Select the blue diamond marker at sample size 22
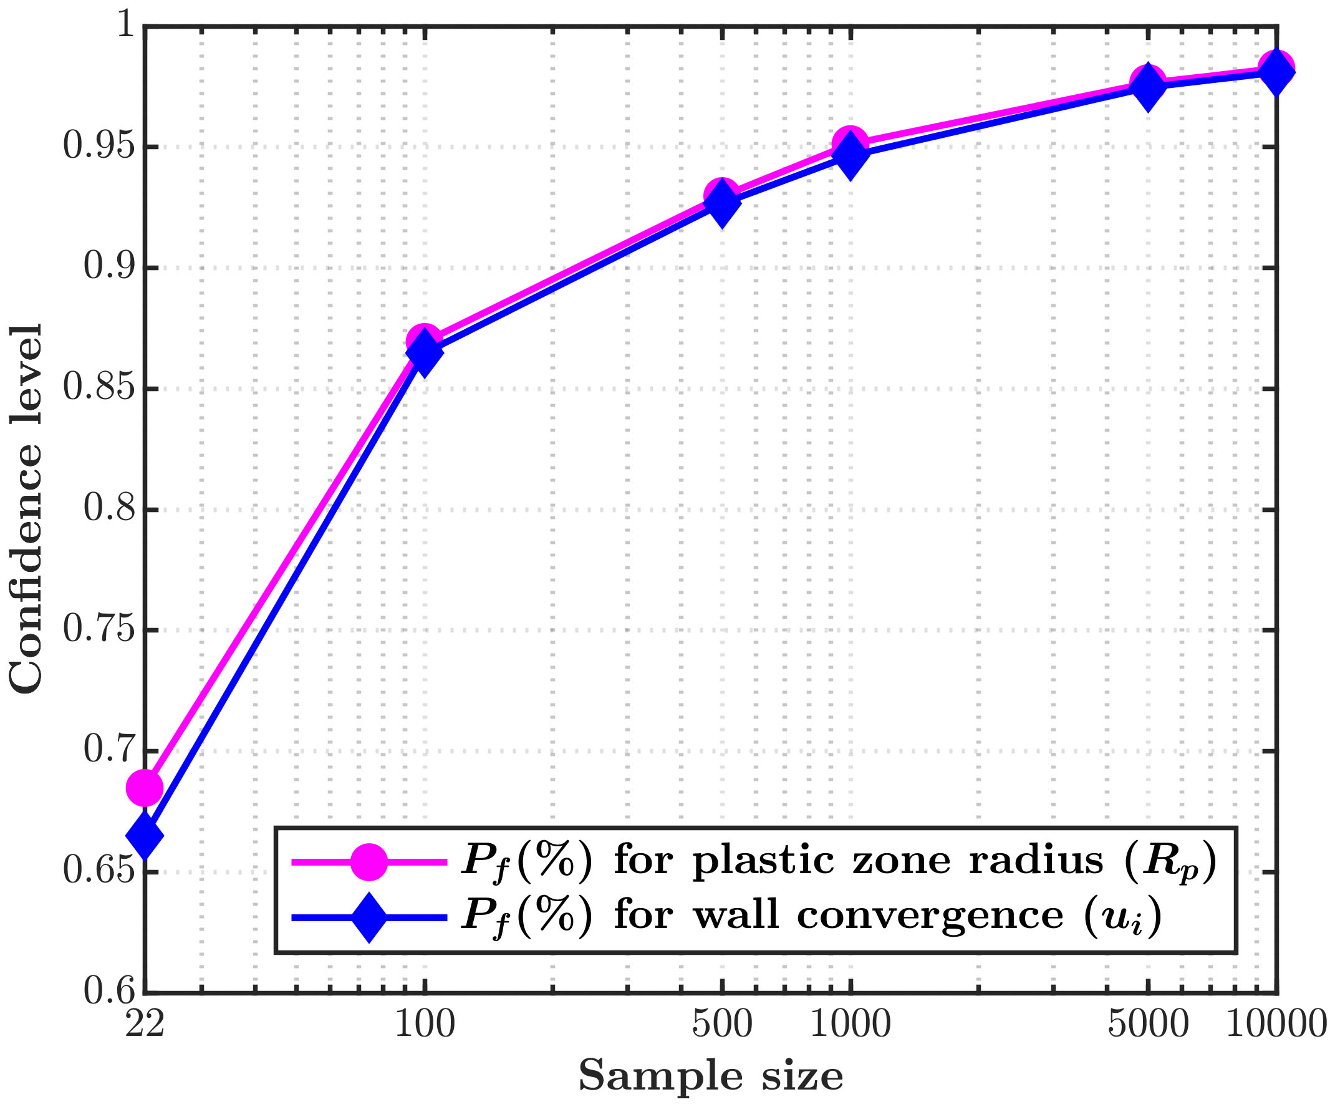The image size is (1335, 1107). coord(145,836)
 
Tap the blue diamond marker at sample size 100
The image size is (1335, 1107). coord(425,352)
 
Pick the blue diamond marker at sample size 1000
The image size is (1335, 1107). coord(851,156)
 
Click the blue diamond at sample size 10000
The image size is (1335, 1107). coord(1276,71)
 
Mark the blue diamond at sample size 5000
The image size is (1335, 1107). coord(1147,87)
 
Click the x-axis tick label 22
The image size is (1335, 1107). coord(144,1024)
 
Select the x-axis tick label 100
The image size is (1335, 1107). coord(425,1024)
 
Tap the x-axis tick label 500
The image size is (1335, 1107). coord(721,1024)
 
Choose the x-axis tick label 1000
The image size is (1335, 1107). coord(851,1024)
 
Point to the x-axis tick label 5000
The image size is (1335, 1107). coord(1147,1024)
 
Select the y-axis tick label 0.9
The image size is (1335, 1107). coord(109,268)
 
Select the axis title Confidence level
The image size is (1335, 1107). coord(27,509)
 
